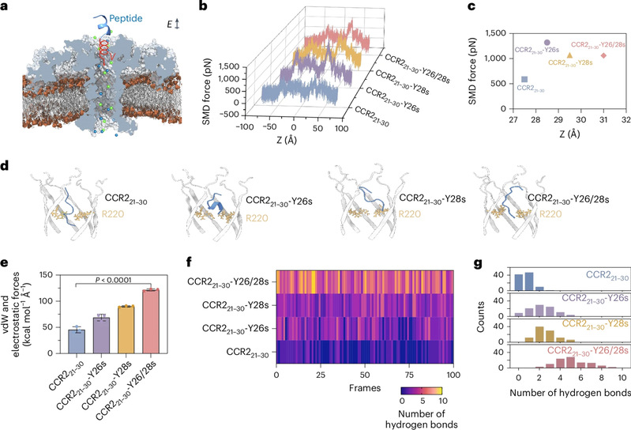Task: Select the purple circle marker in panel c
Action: pos(546,43)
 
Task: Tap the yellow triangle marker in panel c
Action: pos(569,55)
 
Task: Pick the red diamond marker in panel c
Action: pos(603,55)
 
